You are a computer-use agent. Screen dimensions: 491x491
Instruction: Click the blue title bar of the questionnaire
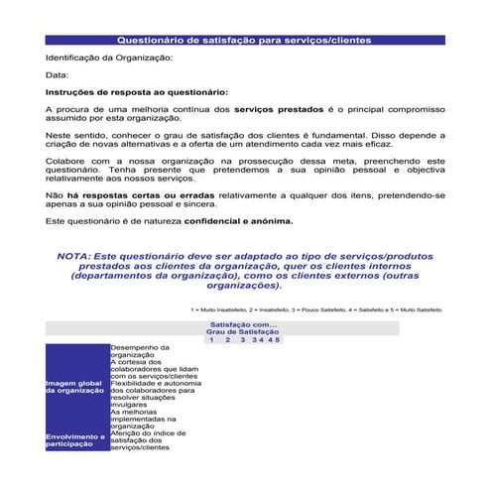pyautogui.click(x=244, y=41)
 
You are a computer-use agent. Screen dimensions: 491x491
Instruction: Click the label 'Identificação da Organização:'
pyautogui.click(x=109, y=58)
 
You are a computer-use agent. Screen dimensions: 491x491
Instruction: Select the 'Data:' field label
pyautogui.click(x=58, y=74)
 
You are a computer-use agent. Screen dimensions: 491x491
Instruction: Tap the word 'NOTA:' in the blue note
pyautogui.click(x=74, y=255)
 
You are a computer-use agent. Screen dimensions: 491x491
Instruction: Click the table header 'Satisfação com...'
pyautogui.click(x=244, y=324)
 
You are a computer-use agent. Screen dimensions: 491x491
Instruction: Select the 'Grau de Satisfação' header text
pyautogui.click(x=243, y=331)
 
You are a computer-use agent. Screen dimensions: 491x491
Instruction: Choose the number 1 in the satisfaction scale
pyautogui.click(x=211, y=339)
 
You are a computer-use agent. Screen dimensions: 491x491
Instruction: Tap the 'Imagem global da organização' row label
pyautogui.click(x=75, y=387)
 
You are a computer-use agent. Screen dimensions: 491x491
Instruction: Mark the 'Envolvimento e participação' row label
pyautogui.click(x=75, y=440)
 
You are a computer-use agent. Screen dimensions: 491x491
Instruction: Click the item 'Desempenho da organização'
pyautogui.click(x=140, y=351)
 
